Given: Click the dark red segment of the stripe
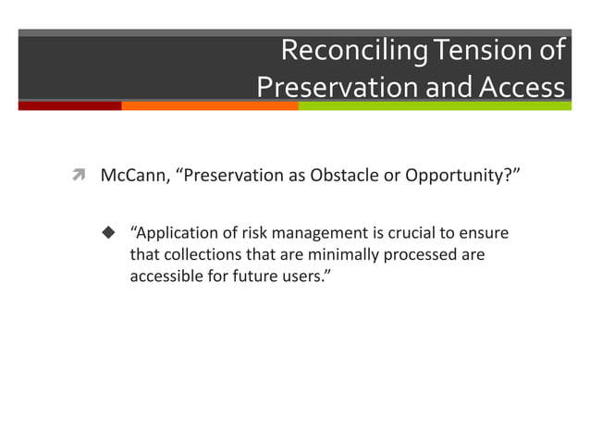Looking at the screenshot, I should [69, 105].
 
